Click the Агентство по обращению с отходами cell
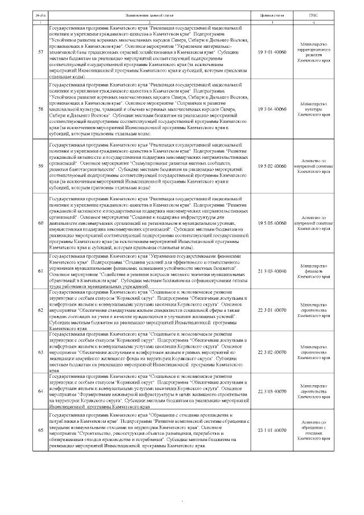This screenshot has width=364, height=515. tap(329, 431)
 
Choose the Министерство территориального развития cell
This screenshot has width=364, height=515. tap(329, 52)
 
